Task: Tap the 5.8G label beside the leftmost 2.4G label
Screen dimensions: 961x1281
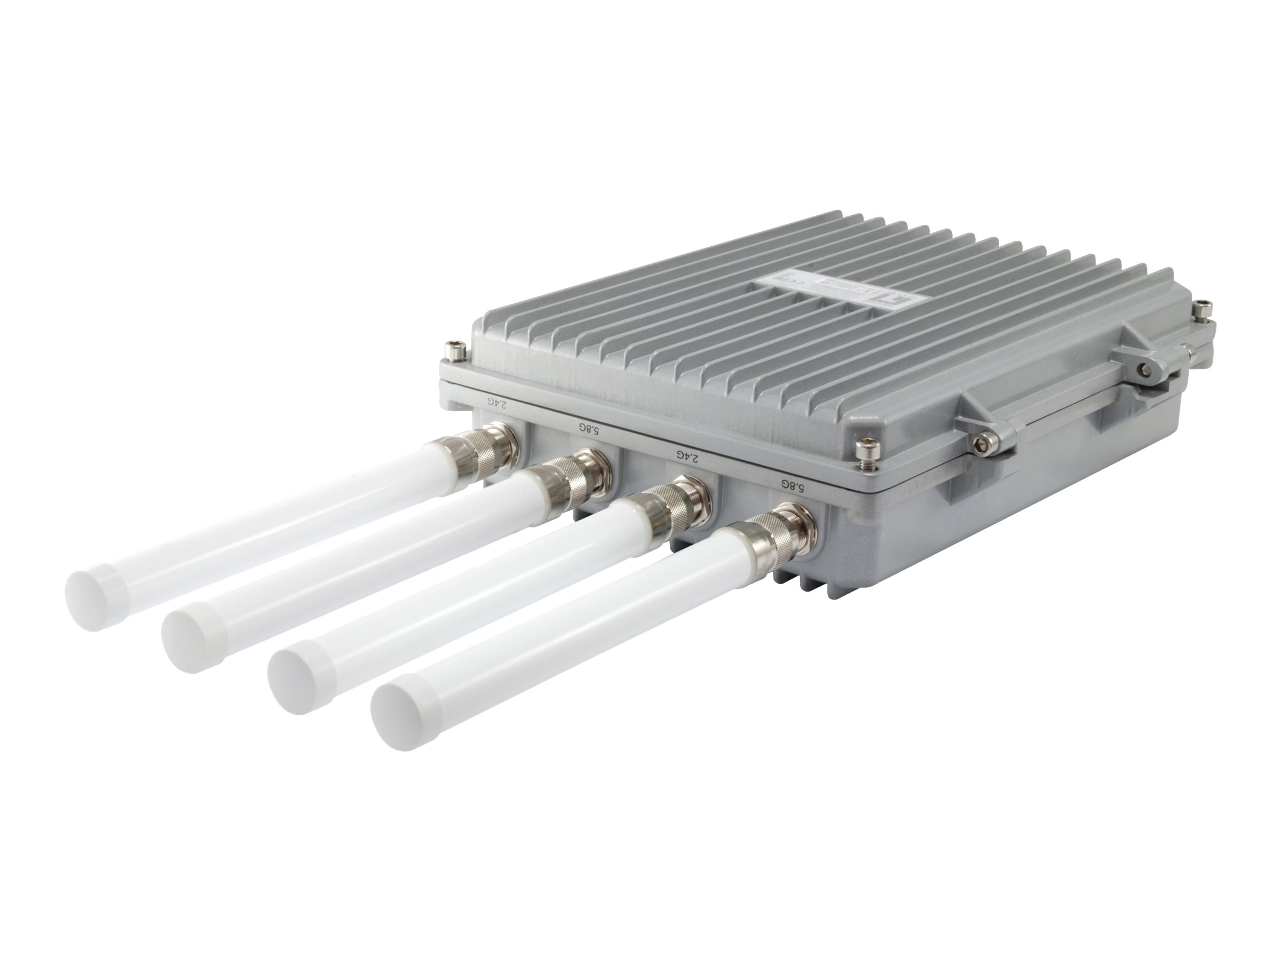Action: pos(587,429)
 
